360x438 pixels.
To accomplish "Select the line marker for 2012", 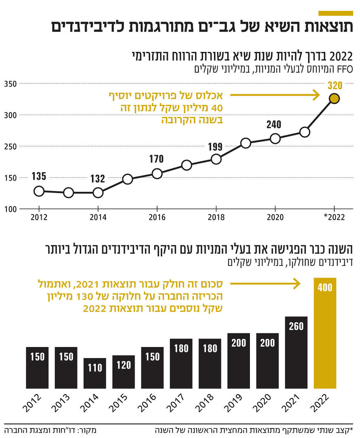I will coord(39,191).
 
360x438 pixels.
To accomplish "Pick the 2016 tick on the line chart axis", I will coord(157,217).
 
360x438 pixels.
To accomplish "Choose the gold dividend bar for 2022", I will coord(325,333).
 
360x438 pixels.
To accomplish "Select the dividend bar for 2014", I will coord(95,373).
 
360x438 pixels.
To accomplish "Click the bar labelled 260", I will coord(296,352).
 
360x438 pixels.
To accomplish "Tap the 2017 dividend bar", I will coord(181,363).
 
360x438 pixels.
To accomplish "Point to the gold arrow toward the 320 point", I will coord(275,95).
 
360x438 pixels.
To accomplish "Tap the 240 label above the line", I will coord(273,124).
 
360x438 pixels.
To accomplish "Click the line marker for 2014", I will coord(98,192).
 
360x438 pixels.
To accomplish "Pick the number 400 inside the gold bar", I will coord(325,287).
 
